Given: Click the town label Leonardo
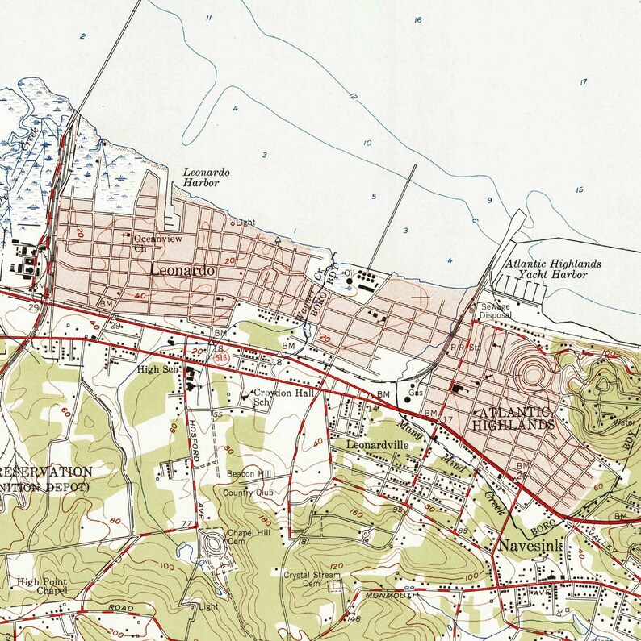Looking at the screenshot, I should (x=182, y=272).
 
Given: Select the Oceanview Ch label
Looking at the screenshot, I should (x=152, y=243).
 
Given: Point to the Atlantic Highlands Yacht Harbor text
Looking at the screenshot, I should (x=553, y=268).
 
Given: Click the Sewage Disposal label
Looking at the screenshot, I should (x=497, y=311).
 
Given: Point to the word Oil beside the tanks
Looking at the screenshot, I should (x=349, y=273).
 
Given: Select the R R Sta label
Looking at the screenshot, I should (x=459, y=348).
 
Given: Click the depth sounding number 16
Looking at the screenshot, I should (x=417, y=19).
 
